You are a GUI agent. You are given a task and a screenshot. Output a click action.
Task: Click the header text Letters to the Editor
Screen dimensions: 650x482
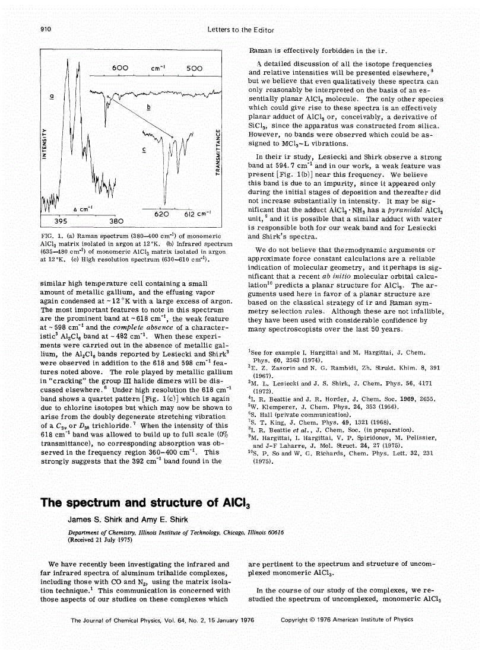(240, 29)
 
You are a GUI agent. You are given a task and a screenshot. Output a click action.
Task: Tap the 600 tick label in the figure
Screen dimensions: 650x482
(120, 68)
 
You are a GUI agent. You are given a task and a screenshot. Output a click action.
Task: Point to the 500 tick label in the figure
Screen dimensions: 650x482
(194, 68)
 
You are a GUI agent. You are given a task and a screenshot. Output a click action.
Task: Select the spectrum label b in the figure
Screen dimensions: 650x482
(148, 107)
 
